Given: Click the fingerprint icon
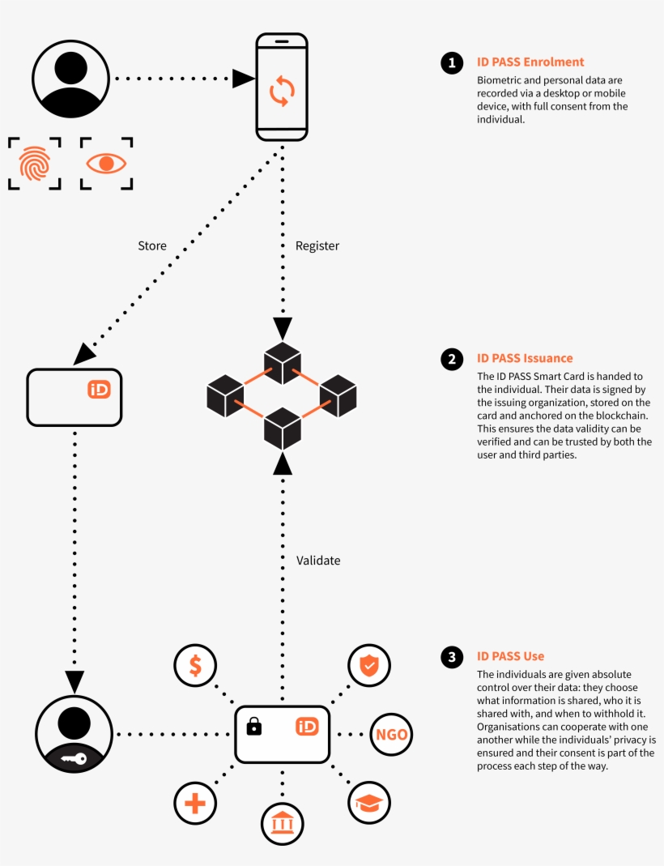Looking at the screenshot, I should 35,163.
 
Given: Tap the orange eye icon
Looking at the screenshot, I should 106,163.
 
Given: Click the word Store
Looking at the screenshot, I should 152,245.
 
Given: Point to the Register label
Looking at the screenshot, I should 317,245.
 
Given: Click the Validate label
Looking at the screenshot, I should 318,560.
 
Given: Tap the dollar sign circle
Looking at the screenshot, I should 195,665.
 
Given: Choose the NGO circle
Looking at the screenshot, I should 391,736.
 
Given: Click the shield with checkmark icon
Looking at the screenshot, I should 369,665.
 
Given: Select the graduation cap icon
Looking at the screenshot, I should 369,803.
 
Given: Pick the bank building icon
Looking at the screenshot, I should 282,824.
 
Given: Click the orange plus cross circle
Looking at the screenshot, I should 195,804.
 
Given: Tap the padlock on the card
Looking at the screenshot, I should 254,725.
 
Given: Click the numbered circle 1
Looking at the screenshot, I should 451,63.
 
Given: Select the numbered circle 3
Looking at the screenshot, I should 451,657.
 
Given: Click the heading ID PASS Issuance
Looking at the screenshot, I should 525,358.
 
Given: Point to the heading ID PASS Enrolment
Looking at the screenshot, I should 530,62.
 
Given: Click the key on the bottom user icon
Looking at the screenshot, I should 74,759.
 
